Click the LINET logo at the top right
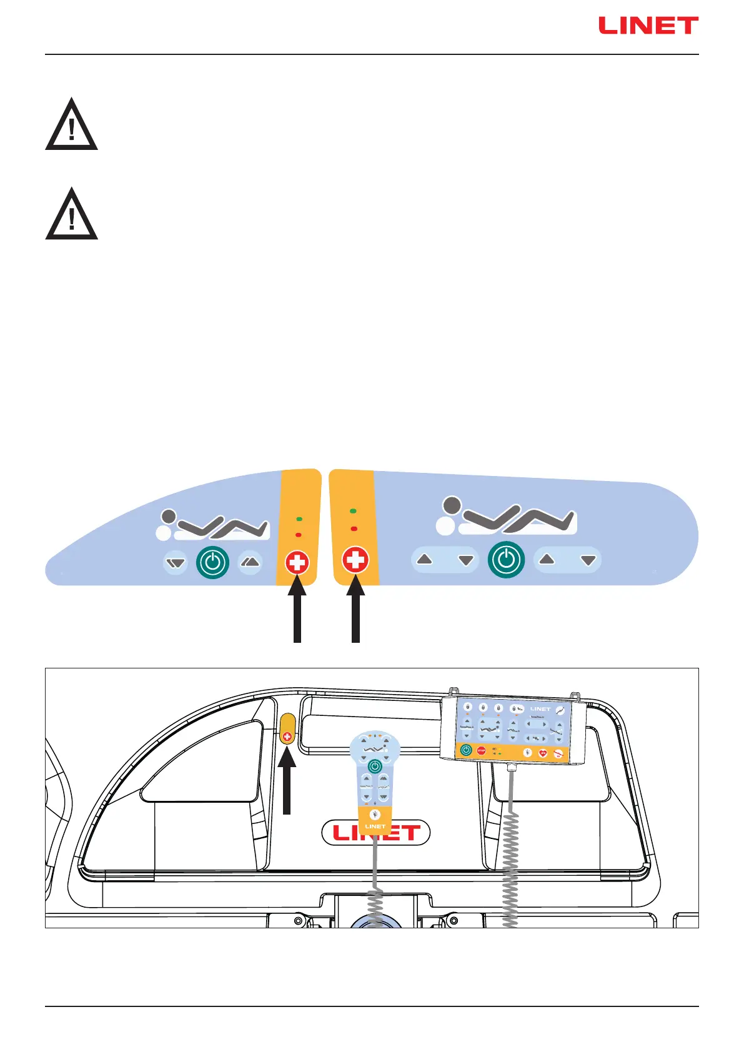coord(648,26)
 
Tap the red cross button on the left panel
coord(297,563)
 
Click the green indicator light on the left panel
coord(299,519)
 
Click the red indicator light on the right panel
coord(354,529)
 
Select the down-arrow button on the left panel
coord(176,563)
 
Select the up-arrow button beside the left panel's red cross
coord(250,562)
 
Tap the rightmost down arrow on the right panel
coord(588,560)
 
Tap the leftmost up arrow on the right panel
coord(425,560)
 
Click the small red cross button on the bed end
coord(287,737)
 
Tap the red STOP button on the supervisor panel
coord(481,751)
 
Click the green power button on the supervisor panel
coord(466,750)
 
